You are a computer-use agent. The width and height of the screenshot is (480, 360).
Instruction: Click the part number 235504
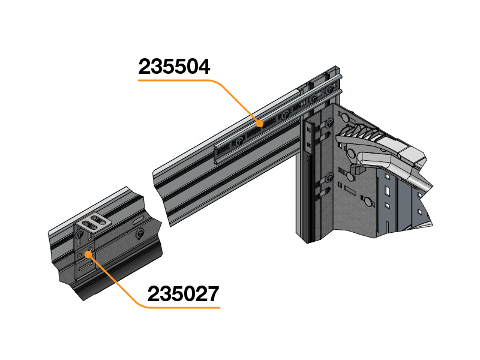(175, 66)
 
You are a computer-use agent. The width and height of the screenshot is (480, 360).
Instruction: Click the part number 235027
(184, 294)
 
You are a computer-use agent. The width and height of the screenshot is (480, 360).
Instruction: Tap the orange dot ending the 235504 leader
(260, 124)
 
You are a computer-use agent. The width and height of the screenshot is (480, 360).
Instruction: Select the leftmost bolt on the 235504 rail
(240, 140)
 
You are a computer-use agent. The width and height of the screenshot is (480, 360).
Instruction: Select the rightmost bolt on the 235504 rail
(329, 91)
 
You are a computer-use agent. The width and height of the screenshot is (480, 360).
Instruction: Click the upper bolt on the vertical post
(329, 124)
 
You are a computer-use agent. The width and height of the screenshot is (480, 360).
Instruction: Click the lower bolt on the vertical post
(329, 178)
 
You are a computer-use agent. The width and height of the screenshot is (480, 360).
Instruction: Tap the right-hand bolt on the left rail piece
(140, 233)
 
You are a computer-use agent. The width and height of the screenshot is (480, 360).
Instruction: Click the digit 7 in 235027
(211, 294)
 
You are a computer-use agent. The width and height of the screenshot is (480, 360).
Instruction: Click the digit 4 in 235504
(203, 66)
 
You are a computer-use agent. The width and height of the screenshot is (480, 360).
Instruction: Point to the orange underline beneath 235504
(174, 80)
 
